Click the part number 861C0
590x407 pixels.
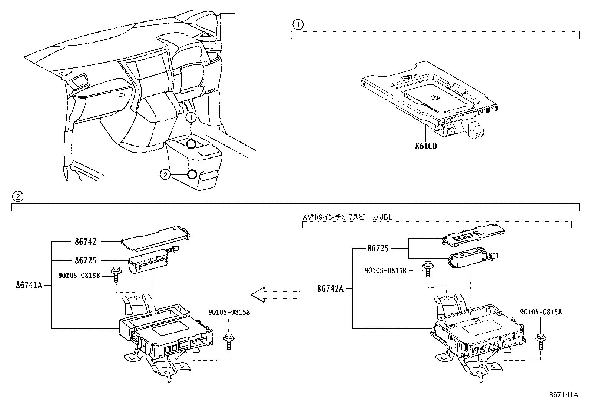tap(426, 146)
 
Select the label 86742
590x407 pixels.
tap(86, 242)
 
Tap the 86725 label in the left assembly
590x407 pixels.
tap(86, 260)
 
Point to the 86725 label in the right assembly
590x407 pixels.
tap(378, 248)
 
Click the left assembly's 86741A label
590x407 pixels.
tap(29, 285)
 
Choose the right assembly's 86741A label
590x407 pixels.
tap(330, 288)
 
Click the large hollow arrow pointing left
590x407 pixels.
tap(275, 294)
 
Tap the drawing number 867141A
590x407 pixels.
tap(563, 395)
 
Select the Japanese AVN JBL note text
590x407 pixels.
tap(347, 218)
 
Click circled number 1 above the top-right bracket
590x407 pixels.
tap(298, 25)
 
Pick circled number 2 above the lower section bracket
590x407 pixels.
tap(17, 196)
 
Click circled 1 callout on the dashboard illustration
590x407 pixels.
tap(191, 118)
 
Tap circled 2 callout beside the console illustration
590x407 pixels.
tap(165, 174)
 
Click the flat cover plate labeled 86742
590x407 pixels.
tap(156, 236)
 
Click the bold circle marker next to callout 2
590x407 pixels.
tap(192, 174)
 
